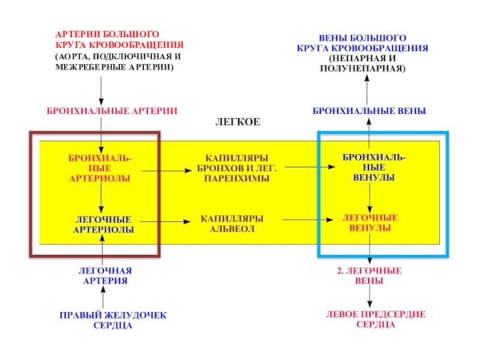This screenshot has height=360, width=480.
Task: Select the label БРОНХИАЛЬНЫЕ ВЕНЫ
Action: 369,111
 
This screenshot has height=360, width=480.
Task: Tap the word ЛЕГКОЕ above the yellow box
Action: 238,122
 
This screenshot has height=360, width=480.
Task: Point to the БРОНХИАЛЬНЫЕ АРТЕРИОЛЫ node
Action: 100,168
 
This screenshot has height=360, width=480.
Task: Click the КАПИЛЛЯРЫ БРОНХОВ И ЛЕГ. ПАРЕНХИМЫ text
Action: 236,168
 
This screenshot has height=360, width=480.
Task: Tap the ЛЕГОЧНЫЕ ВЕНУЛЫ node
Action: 370,223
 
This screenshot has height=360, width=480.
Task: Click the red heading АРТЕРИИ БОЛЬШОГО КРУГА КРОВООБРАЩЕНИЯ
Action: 119,41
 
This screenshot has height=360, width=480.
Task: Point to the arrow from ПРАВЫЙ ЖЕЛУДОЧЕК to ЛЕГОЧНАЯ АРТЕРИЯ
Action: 103,298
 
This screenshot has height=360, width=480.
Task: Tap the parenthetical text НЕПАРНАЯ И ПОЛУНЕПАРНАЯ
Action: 367,64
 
